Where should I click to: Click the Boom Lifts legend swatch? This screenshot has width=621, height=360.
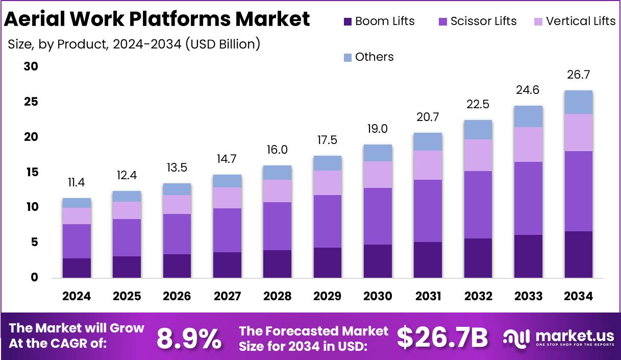pos(347,21)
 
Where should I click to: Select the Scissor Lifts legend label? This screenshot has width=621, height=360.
pos(483,21)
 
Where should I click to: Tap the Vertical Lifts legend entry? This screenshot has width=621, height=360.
pos(581,21)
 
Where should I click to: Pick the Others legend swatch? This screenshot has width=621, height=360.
pos(347,57)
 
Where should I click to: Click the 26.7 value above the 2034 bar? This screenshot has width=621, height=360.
pos(579,76)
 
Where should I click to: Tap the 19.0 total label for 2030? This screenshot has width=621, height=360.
pos(378,129)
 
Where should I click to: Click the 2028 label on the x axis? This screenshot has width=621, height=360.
pos(277,296)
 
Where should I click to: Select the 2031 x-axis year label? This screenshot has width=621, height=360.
pos(428,296)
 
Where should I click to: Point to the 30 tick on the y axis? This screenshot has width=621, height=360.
pos(31,67)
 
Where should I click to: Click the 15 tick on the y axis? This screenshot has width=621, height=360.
pos(31,173)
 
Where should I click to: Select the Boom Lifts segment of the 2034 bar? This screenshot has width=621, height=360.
pos(579,254)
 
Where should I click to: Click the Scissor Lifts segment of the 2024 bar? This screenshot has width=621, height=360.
pos(77,241)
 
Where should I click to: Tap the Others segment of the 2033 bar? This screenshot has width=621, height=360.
pos(528,116)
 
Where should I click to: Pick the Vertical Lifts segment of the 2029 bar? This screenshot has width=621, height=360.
pos(327,183)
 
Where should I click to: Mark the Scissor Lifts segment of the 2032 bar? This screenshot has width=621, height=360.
pos(478,205)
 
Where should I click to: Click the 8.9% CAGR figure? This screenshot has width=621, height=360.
pos(189,338)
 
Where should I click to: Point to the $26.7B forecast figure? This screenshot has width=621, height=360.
pos(442,338)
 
